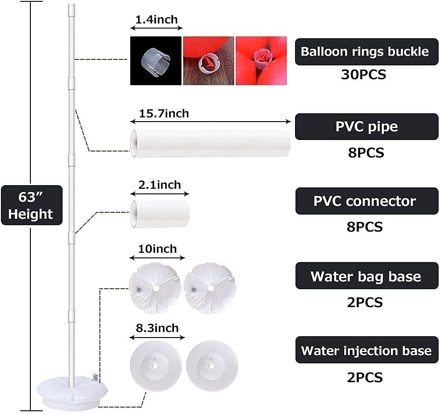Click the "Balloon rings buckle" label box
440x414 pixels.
(x=366, y=52)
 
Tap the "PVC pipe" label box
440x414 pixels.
(x=366, y=127)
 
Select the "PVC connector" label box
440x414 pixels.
(x=366, y=201)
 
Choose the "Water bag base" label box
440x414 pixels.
(x=366, y=276)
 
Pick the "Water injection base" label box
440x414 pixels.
(x=366, y=350)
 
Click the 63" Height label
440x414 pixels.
(x=31, y=205)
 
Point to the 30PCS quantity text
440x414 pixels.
(x=364, y=75)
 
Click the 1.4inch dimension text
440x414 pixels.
(x=156, y=20)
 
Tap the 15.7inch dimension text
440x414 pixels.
(x=164, y=113)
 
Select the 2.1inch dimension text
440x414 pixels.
(x=160, y=185)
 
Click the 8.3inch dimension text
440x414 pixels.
(x=157, y=328)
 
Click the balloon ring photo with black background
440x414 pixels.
(x=156, y=61)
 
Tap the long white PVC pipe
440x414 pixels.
(x=211, y=143)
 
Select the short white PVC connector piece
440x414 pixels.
(x=160, y=214)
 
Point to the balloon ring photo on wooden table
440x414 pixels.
(x=208, y=61)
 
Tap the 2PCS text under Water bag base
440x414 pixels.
(x=365, y=303)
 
